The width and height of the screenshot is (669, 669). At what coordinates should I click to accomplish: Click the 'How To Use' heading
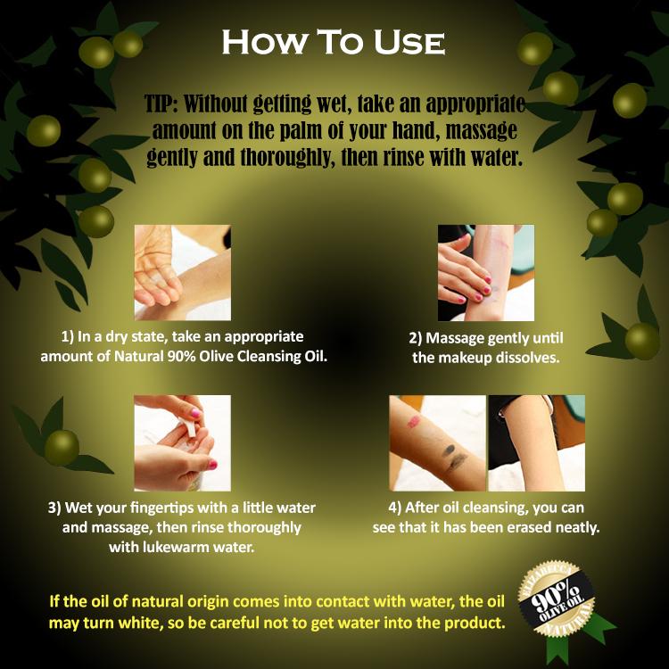[334, 42]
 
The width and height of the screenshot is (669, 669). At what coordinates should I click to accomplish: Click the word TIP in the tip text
[159, 103]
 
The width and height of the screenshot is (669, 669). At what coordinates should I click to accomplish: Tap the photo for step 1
[183, 273]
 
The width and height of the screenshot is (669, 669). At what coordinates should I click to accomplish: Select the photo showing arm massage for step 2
[486, 273]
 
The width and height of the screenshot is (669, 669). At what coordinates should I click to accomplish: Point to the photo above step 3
[183, 442]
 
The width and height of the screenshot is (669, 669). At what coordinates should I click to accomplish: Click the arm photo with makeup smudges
[438, 442]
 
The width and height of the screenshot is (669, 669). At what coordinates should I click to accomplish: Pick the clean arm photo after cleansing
[537, 442]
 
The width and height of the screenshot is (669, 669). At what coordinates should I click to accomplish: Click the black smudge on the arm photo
[454, 456]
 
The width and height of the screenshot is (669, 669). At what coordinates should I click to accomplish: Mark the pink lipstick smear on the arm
[414, 423]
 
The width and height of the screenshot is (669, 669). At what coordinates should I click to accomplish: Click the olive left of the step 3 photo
[62, 448]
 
